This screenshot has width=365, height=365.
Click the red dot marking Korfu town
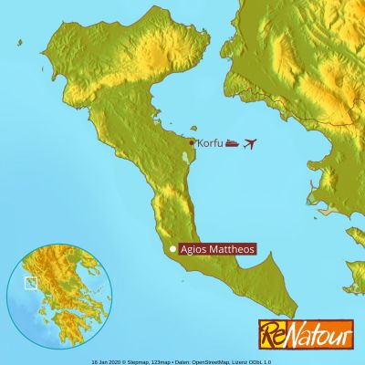click(191, 142)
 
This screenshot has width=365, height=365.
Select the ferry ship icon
click(232, 143)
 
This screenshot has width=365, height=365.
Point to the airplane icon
click(250, 143)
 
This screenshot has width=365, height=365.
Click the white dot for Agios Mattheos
click(172, 248)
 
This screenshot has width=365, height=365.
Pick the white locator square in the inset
click(30, 283)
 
